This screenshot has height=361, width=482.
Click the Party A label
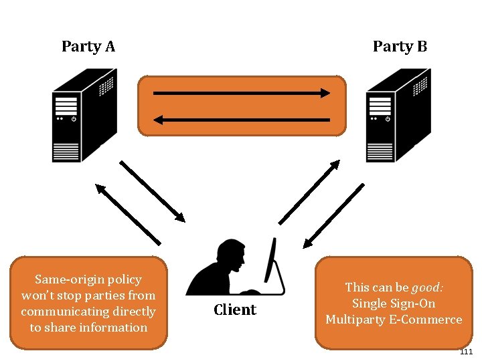[x=88, y=46]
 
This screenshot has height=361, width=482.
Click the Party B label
[x=400, y=46]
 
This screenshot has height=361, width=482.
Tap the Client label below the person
[x=234, y=310]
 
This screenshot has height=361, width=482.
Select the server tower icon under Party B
[x=398, y=116]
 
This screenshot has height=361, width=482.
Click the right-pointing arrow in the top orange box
[x=242, y=93]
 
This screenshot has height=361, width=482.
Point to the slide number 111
[x=466, y=352]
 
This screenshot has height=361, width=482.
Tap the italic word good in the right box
[x=427, y=287]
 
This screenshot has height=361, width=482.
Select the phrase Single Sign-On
[x=394, y=303]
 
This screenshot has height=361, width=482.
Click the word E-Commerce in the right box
[x=429, y=319]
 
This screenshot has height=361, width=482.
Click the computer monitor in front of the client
[x=272, y=261]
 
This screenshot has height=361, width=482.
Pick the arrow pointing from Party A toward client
[x=152, y=191]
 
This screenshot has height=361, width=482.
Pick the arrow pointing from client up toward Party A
[x=128, y=214]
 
